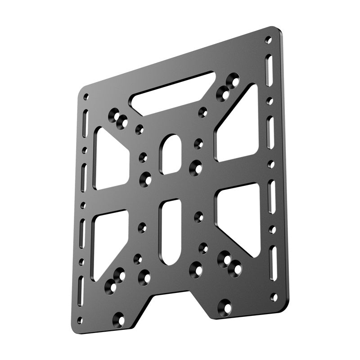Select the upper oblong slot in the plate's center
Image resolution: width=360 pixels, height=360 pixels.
[171, 154]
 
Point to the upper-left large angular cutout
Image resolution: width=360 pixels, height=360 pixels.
[108, 160]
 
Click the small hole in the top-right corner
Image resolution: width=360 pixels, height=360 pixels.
[268, 40]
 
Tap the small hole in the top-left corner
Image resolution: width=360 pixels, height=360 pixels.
[86, 97]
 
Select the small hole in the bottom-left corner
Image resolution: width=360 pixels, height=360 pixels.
[80, 320]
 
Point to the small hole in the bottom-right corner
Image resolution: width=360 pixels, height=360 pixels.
[274, 297]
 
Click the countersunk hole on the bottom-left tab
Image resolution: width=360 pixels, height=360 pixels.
[119, 319]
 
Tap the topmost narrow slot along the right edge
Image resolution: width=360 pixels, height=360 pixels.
[269, 70]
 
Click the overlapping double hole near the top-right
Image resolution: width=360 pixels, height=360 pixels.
[228, 87]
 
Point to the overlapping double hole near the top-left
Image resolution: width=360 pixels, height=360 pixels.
[118, 118]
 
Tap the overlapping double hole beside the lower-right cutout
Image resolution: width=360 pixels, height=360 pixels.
[229, 264]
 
